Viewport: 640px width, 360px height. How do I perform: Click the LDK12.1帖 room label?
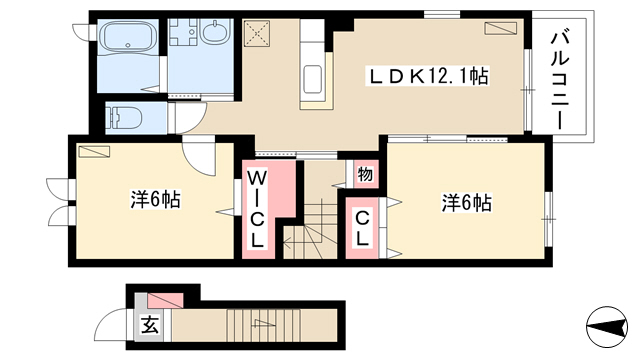point(429,76)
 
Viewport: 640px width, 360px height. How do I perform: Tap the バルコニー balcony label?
point(560,80)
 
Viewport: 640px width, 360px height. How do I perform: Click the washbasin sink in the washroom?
point(216,32)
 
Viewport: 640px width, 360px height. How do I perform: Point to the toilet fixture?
point(124,118)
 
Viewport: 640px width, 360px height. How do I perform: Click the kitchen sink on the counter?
point(313,79)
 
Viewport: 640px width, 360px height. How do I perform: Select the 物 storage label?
point(365,174)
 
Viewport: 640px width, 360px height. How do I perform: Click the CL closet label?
point(362,229)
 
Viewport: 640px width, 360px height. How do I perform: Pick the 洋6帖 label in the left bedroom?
point(156,200)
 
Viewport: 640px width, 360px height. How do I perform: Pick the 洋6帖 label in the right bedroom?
point(467,202)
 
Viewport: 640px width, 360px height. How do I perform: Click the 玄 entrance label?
point(149,326)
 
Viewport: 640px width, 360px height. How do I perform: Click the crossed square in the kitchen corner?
point(257,33)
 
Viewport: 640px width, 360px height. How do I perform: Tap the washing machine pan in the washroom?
point(184,32)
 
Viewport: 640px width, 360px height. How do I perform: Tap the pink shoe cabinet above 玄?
point(165,300)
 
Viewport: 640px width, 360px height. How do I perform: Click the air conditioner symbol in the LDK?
point(500,28)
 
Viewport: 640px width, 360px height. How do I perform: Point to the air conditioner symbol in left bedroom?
point(95,151)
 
